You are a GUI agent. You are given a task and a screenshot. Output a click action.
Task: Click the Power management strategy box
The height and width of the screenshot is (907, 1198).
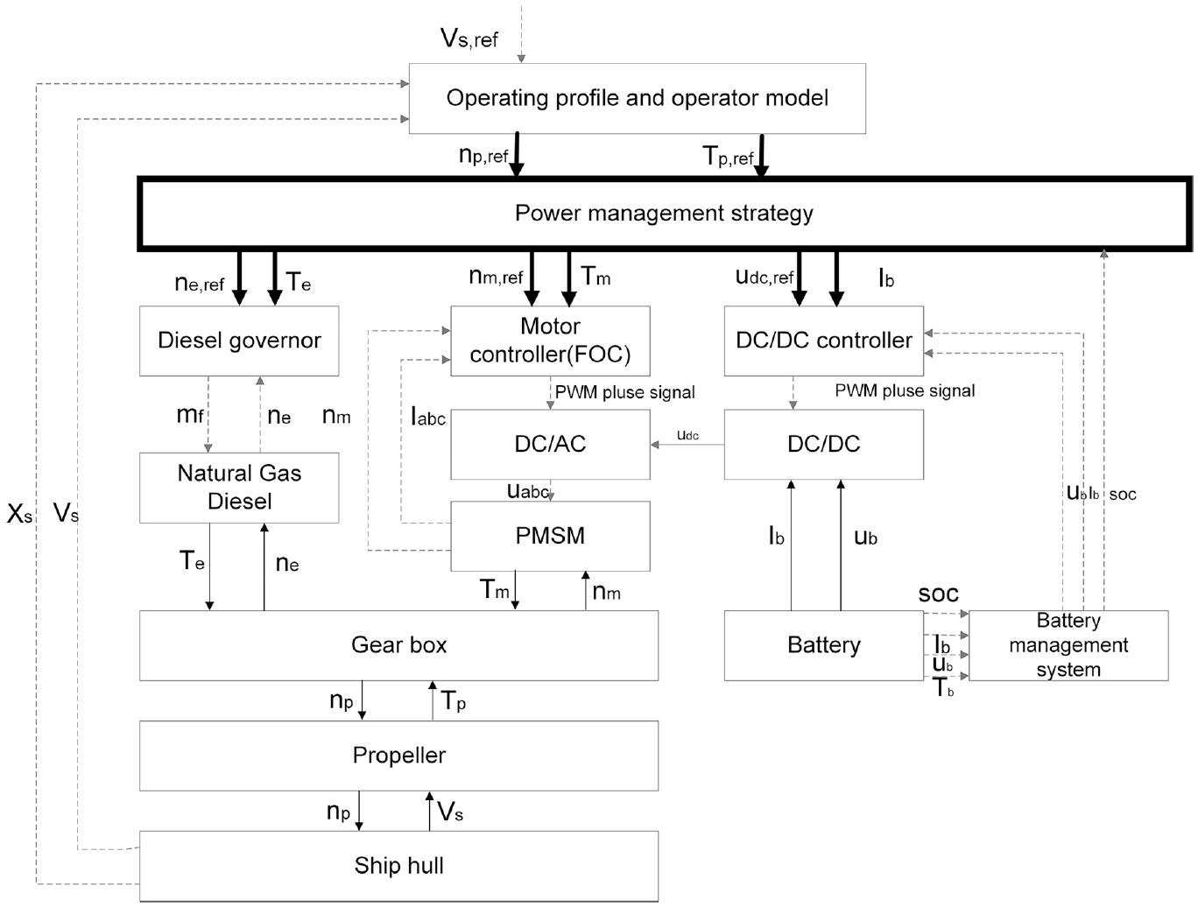pyautogui.click(x=664, y=214)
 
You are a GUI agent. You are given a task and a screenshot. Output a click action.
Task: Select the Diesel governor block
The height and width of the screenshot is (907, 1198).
pyautogui.click(x=239, y=341)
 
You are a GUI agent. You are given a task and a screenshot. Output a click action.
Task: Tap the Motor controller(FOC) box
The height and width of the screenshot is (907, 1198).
pyautogui.click(x=550, y=341)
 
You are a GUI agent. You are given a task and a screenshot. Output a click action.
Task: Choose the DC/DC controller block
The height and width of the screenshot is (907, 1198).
pyautogui.click(x=823, y=341)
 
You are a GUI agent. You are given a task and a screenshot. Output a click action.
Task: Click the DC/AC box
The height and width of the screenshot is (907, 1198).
pyautogui.click(x=550, y=445)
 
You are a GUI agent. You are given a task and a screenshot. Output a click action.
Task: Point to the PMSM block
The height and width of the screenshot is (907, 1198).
pyautogui.click(x=550, y=536)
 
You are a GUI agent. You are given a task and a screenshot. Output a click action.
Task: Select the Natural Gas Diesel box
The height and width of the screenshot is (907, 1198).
pyautogui.click(x=239, y=488)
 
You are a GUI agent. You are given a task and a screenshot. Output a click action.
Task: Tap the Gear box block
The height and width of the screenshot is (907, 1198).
pyautogui.click(x=399, y=645)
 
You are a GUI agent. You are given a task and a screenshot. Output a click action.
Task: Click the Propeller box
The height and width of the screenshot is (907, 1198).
pyautogui.click(x=399, y=756)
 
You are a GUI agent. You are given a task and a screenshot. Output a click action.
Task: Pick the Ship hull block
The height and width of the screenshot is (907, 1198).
pyautogui.click(x=399, y=866)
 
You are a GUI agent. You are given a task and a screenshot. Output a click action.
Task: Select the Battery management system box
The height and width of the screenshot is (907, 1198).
pyautogui.click(x=1068, y=645)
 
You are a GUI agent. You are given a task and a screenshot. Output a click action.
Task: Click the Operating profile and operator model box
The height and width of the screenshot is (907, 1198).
pyautogui.click(x=637, y=99)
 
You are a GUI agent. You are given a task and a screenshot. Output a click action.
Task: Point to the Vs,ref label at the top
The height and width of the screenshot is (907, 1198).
pyautogui.click(x=469, y=39)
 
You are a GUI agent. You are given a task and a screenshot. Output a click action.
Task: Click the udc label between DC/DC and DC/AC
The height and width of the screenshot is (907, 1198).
pyautogui.click(x=687, y=435)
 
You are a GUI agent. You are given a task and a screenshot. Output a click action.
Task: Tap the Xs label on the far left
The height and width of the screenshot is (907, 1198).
pyautogui.click(x=19, y=514)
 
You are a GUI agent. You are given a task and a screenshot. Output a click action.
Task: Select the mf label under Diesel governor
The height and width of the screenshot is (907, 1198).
pyautogui.click(x=190, y=415)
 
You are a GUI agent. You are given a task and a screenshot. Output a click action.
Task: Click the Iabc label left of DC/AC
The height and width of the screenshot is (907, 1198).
pyautogui.click(x=428, y=417)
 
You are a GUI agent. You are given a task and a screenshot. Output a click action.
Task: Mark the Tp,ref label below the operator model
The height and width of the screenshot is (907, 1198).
pyautogui.click(x=728, y=156)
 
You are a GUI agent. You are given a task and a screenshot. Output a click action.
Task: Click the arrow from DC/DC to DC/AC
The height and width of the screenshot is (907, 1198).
pyautogui.click(x=687, y=445)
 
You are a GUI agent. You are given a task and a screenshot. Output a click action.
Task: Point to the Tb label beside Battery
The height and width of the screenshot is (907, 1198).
pyautogui.click(x=943, y=688)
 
